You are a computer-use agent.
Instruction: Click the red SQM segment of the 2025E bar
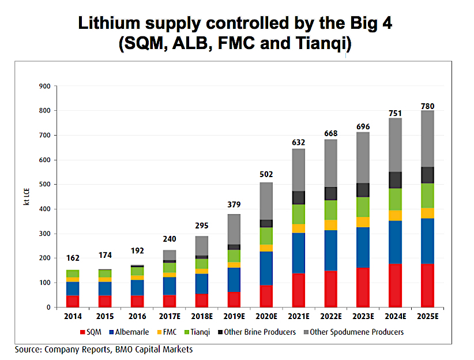pyautogui.click(x=427, y=285)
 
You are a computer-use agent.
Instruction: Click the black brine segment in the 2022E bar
pyautogui.click(x=332, y=193)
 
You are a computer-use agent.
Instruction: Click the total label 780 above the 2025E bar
pyautogui.click(x=427, y=106)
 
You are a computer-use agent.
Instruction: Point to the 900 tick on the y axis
pyautogui.click(x=45, y=86)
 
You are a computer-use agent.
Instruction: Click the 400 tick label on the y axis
pyautogui.click(x=45, y=209)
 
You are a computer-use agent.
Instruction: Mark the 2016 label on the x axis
pyautogui.click(x=137, y=316)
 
